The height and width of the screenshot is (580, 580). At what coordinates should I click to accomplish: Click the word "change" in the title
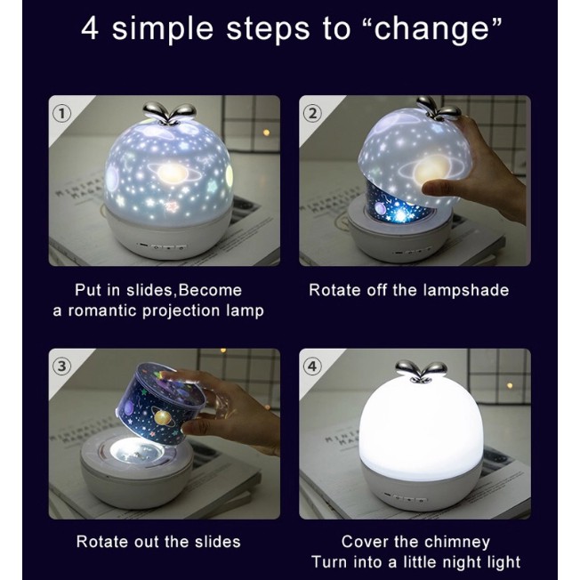coord(438,28)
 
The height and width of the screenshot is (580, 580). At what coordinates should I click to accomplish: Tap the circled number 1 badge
coord(61,114)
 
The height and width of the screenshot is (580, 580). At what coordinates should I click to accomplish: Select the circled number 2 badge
coord(312,114)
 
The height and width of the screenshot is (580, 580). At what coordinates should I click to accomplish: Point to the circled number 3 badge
coord(61,367)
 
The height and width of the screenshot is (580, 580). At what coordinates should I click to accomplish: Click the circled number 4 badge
coord(312,367)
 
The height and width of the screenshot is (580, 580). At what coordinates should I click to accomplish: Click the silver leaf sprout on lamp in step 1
coord(169,113)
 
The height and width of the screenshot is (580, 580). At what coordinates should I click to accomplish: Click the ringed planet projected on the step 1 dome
coord(171,172)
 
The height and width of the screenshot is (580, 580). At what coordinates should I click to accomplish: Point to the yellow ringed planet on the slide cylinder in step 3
coord(164,417)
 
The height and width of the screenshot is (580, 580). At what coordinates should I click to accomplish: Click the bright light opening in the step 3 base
coord(137,450)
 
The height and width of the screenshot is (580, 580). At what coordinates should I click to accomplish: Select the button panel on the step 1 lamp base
coord(162,246)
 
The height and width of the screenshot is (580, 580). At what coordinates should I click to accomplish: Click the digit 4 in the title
coord(90,28)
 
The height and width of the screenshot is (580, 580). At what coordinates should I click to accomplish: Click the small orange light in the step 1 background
coord(266,133)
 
